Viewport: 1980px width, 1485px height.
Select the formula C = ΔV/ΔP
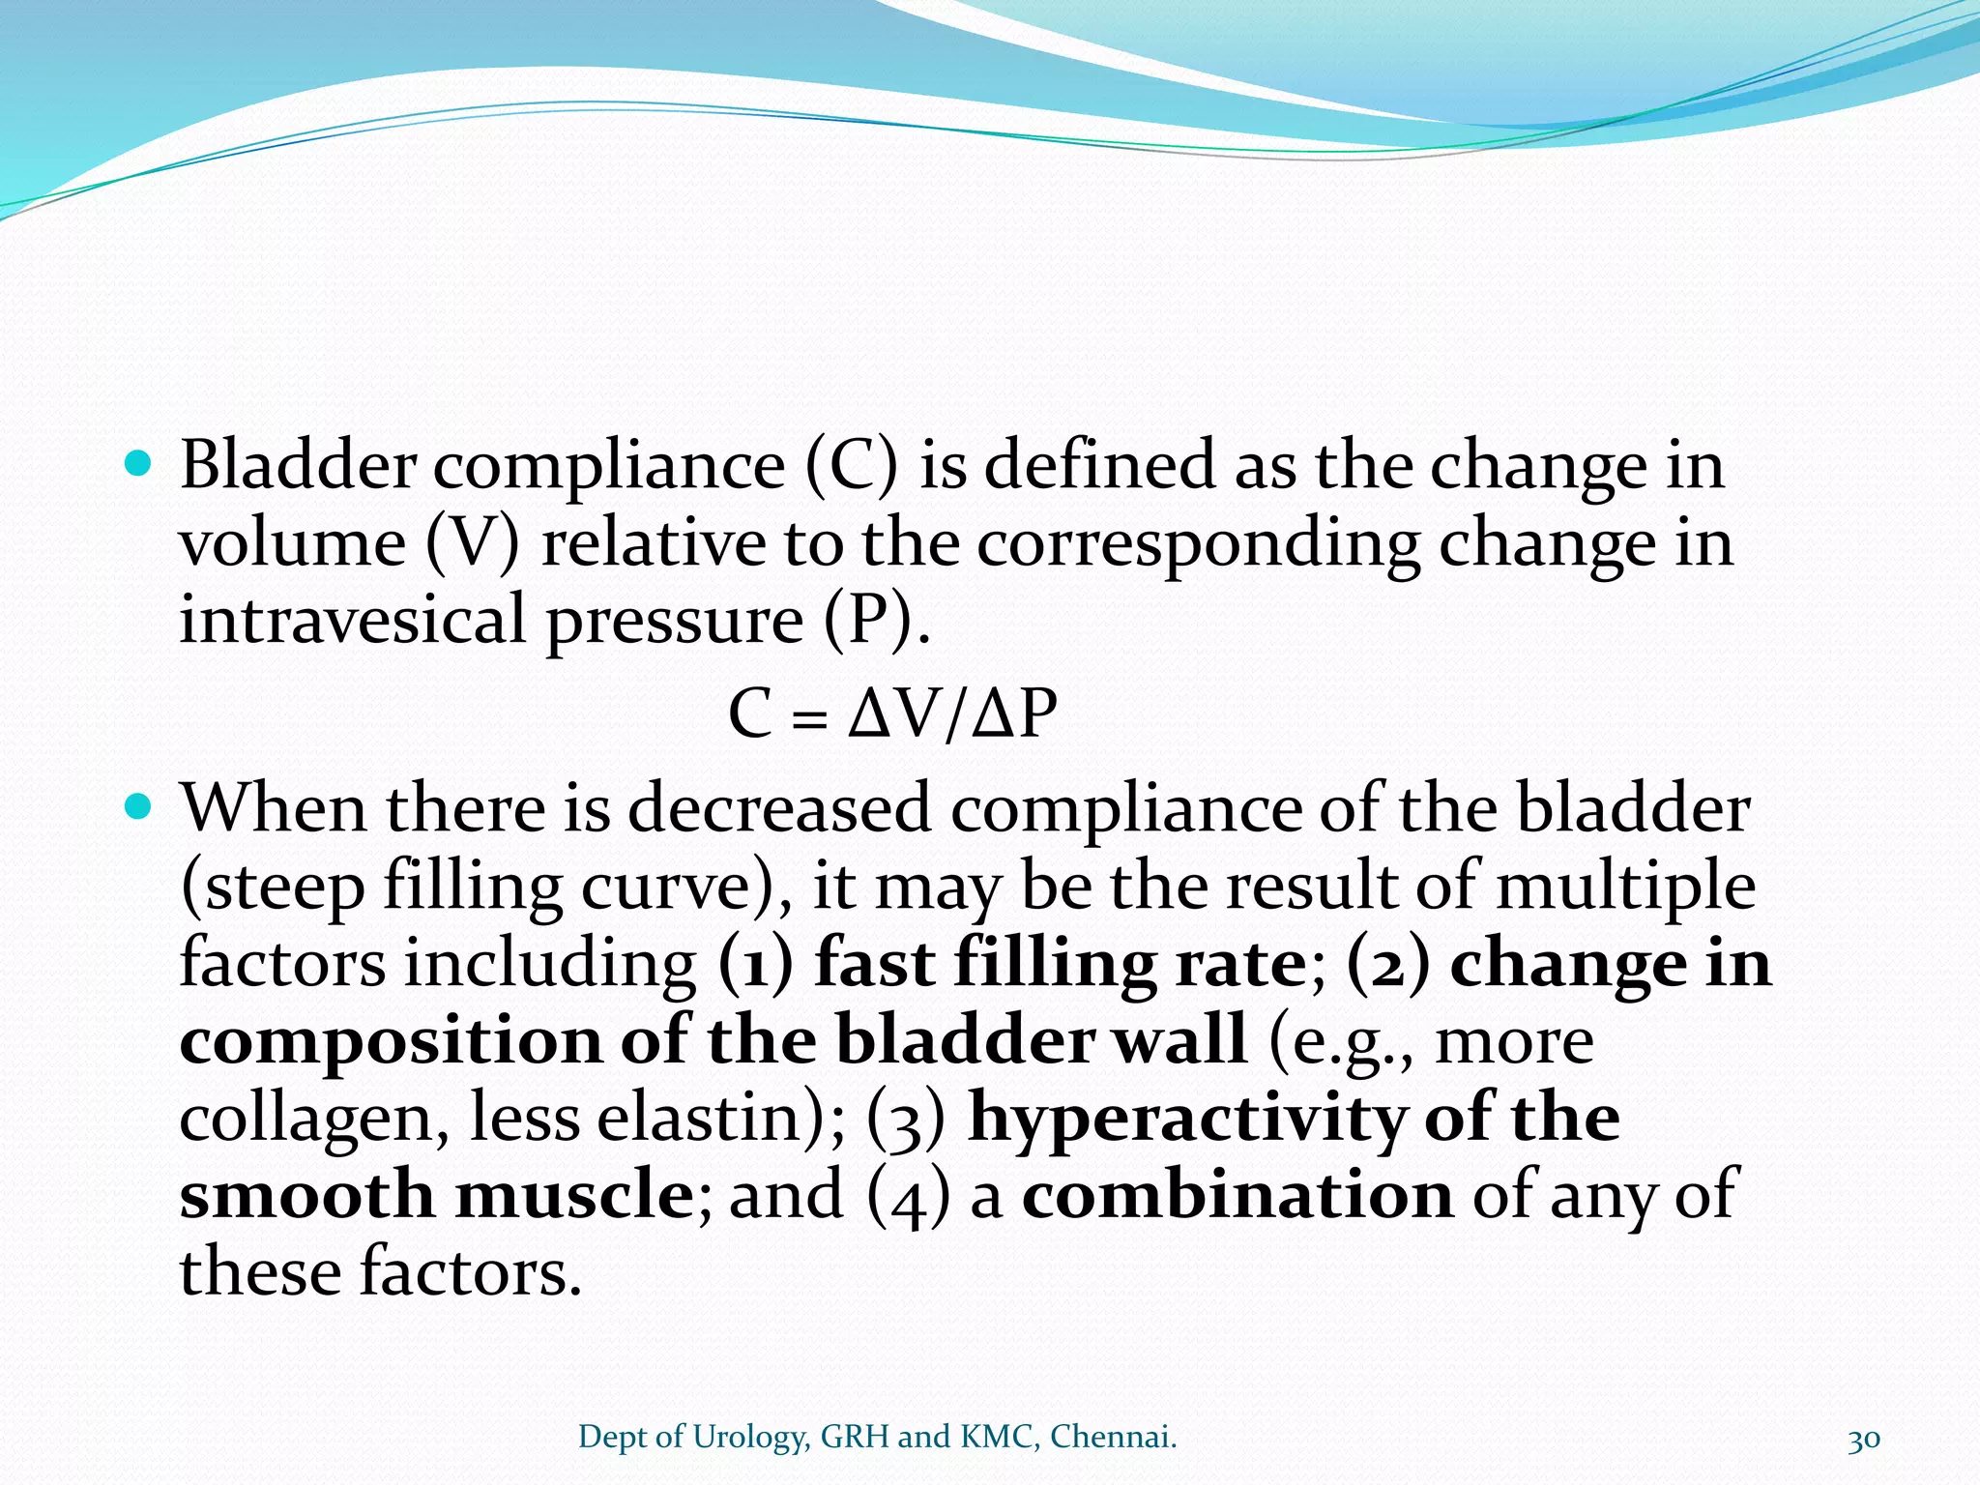[x=892, y=715]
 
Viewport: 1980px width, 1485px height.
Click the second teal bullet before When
[x=140, y=806]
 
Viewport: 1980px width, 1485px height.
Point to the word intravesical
[x=352, y=619]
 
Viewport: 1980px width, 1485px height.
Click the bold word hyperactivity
[x=1186, y=1118]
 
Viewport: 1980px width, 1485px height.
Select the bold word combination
[x=1237, y=1195]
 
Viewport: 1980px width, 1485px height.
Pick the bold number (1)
[x=755, y=965]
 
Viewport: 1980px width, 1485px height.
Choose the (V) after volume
[x=472, y=543]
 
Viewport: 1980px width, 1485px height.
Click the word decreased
[x=779, y=808]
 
